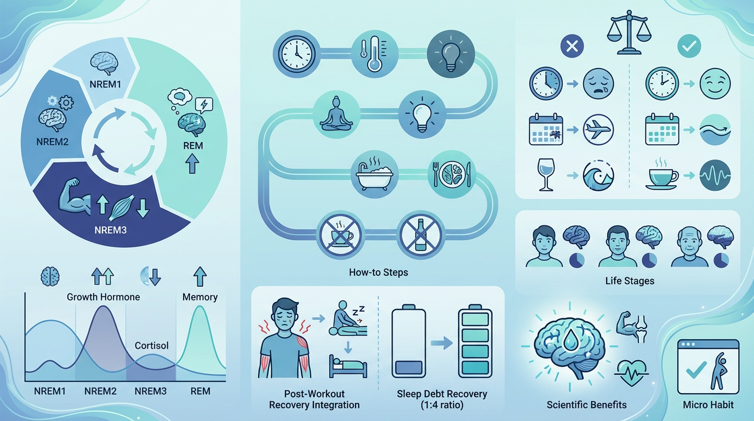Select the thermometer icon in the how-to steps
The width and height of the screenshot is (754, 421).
pyautogui.click(x=375, y=53)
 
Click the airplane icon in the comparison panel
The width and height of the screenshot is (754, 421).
pyautogui.click(x=599, y=130)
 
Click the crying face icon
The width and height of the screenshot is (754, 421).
pyautogui.click(x=599, y=84)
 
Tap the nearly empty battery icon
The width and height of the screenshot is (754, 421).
pyautogui.click(x=408, y=343)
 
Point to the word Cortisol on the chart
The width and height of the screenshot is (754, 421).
pyautogui.click(x=152, y=346)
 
